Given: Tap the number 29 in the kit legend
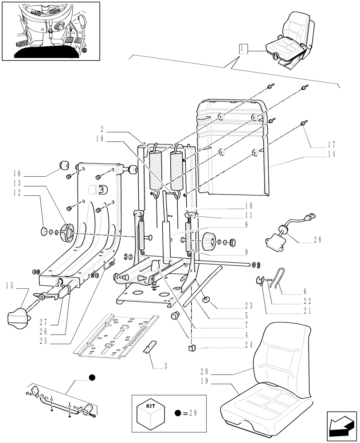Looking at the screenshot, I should pos(192,413).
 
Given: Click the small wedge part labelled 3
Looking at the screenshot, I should pos(149,346).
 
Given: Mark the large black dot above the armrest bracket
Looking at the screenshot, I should pos(91,377).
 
